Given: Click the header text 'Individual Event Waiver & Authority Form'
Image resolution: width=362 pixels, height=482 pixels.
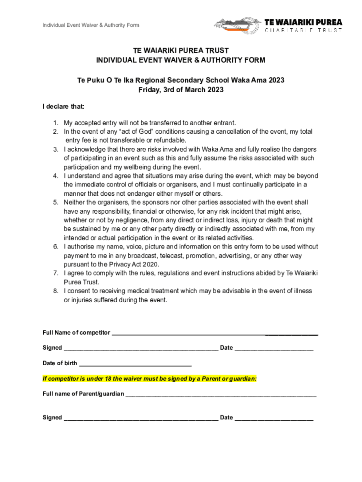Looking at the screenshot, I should point(91,25).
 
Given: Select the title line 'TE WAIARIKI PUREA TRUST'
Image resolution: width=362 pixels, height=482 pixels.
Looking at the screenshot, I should point(181,50).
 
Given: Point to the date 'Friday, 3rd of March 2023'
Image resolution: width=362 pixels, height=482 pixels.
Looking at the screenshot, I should point(181,90).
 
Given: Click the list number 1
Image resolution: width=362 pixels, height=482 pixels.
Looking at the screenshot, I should point(55,123).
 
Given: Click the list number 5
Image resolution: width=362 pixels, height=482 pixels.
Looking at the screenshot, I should point(55,202).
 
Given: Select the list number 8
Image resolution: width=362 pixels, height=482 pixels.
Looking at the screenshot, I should point(55,291).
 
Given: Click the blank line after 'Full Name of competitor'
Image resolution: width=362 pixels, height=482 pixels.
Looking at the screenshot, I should point(214,333).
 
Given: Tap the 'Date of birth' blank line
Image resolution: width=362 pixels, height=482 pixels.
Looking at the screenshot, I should point(135,363).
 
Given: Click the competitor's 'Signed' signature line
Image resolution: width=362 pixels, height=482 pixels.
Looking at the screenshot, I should point(141,348).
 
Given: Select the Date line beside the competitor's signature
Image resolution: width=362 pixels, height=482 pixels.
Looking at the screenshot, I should point(274,348).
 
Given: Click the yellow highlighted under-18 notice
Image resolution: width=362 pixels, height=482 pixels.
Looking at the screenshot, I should point(150,378).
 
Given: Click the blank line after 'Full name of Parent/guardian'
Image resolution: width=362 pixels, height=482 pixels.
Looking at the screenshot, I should point(221,394).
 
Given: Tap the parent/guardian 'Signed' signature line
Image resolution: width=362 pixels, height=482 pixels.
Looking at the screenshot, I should point(141,418).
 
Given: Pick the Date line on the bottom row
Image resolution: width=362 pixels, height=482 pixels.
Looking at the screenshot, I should point(274,418).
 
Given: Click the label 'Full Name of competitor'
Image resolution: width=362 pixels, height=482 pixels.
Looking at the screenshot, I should point(76,333).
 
